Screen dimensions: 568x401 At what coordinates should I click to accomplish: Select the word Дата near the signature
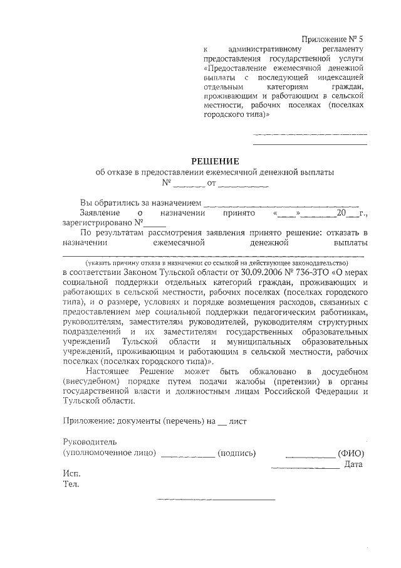pyautogui.click(x=354, y=464)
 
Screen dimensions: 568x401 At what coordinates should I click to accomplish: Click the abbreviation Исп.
pyautogui.click(x=71, y=473)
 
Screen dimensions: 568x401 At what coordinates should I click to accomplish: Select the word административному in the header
pyautogui.click(x=266, y=49)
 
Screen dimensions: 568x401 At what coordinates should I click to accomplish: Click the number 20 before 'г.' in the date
pyautogui.click(x=341, y=213)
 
